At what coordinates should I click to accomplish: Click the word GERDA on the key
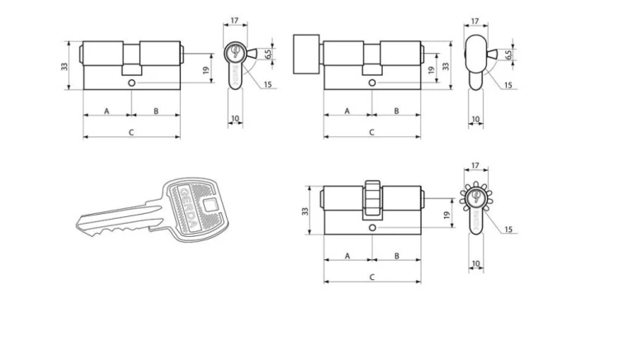tap(189, 208)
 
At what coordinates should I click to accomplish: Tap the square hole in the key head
tap(210, 206)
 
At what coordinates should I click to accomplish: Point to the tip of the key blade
tap(78, 225)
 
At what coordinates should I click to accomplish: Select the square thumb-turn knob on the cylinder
tap(306, 54)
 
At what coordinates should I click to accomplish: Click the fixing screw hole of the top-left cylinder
tap(131, 83)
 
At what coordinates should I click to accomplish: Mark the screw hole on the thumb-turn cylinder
tap(372, 83)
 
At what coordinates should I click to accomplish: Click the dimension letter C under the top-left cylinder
tap(131, 132)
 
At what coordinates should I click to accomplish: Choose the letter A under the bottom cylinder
tap(347, 256)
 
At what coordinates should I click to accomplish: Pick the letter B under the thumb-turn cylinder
tap(397, 111)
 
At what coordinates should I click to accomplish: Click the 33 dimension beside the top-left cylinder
tap(64, 66)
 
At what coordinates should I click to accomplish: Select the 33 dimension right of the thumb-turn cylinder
tap(446, 66)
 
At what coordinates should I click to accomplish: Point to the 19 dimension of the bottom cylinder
tap(447, 216)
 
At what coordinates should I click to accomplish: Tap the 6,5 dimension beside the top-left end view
tap(268, 54)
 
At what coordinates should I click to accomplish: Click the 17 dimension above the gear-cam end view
tap(475, 166)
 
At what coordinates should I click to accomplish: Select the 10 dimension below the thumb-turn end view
tap(475, 119)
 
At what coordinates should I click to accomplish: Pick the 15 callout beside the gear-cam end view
tap(508, 230)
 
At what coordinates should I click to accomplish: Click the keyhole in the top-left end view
tap(235, 51)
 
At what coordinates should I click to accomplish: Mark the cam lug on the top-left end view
tap(251, 53)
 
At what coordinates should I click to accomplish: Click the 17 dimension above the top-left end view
tap(235, 20)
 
